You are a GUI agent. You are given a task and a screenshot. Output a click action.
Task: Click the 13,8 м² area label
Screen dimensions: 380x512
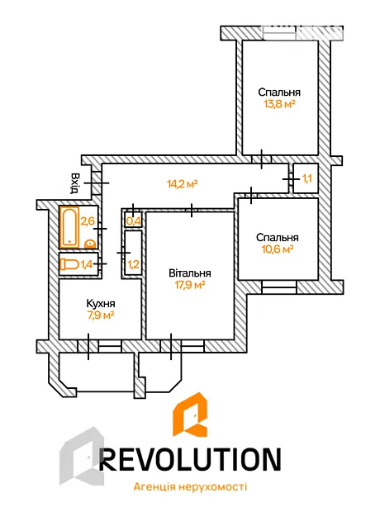click(279, 105)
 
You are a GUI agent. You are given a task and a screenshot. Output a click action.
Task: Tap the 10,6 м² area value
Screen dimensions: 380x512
click(278, 249)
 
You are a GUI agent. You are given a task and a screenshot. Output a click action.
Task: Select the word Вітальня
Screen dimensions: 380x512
click(190, 273)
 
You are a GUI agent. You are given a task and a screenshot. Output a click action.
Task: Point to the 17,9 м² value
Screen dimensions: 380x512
click(190, 285)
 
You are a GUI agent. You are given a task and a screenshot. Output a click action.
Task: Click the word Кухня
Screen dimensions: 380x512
click(101, 303)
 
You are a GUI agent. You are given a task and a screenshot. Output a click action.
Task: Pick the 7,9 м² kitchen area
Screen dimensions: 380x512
click(101, 315)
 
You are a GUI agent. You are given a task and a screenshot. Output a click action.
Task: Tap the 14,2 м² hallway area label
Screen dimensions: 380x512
click(183, 184)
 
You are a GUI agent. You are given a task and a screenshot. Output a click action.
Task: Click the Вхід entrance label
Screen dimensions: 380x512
click(75, 183)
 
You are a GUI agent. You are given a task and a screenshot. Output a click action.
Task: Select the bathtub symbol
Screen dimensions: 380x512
click(69, 226)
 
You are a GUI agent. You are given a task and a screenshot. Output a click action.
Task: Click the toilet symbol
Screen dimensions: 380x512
click(69, 264)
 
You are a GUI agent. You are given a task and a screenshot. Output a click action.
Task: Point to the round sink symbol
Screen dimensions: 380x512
click(90, 244)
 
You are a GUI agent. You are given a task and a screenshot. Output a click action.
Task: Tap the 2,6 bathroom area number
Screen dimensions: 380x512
click(88, 221)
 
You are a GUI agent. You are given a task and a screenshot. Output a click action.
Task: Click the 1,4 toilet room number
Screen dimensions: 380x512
click(87, 264)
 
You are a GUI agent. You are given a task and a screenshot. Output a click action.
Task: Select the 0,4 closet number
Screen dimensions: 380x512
click(133, 221)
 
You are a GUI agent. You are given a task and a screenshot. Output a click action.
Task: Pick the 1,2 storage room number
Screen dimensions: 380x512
click(133, 263)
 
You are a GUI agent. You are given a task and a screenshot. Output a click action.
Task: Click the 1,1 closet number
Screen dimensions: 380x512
click(306, 178)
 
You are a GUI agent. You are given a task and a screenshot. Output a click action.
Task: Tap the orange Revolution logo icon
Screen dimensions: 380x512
click(190, 415)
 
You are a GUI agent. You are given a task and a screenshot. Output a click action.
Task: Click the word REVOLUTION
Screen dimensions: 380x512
click(190, 459)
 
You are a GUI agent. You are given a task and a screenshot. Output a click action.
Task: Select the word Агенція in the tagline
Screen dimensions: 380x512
click(151, 487)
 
